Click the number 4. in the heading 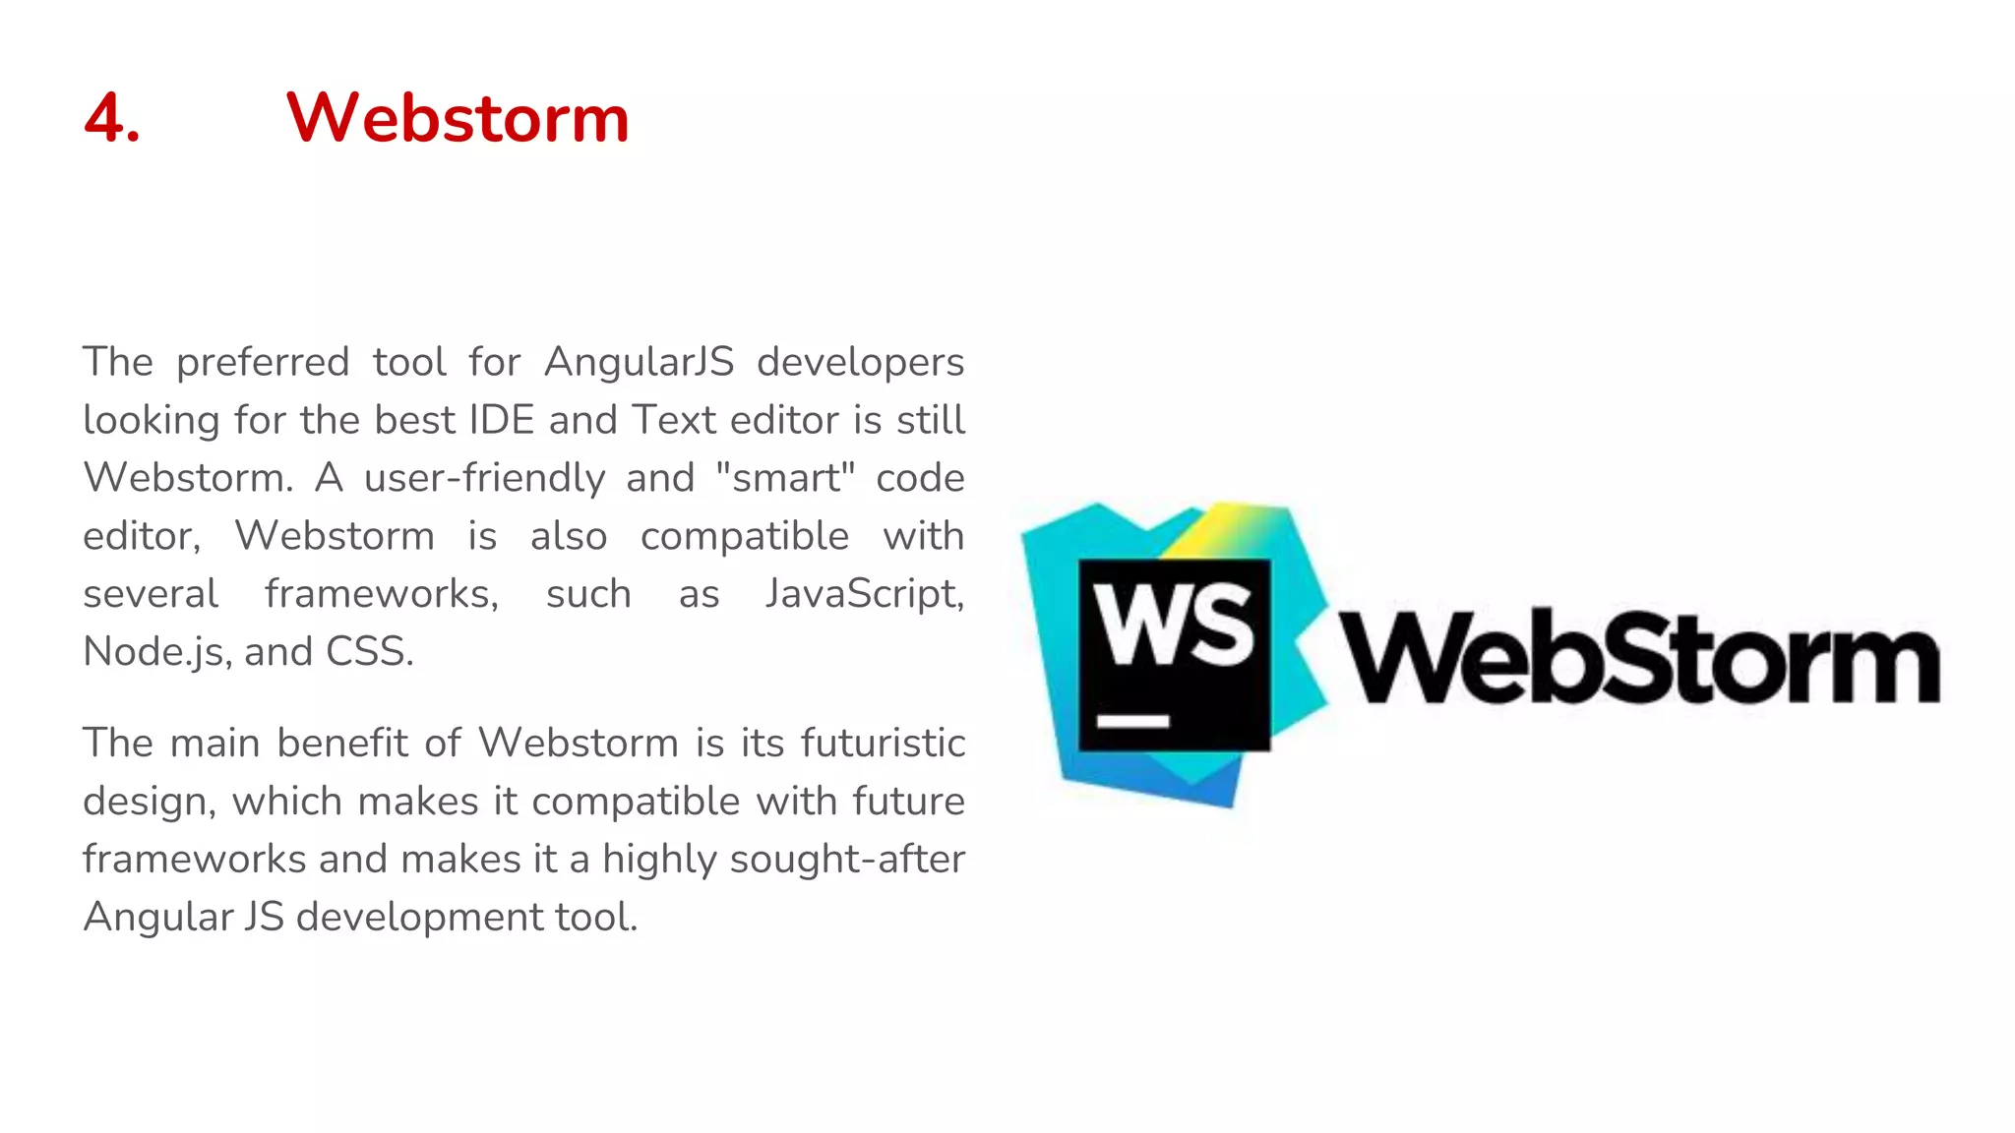pyautogui.click(x=112, y=119)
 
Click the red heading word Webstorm pyautogui.click(x=458, y=119)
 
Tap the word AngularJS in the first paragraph pyautogui.click(x=639, y=362)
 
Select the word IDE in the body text pyautogui.click(x=501, y=420)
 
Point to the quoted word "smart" pyautogui.click(x=785, y=478)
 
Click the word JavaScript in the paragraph pyautogui.click(x=864, y=594)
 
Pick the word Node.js pyautogui.click(x=156, y=652)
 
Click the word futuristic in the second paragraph pyautogui.click(x=883, y=744)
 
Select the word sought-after pyautogui.click(x=847, y=860)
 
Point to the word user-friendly pyautogui.click(x=484, y=478)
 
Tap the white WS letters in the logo pyautogui.click(x=1174, y=624)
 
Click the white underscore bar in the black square pyautogui.click(x=1132, y=722)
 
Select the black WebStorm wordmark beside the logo pyautogui.click(x=1638, y=657)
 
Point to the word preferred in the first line pyautogui.click(x=263, y=362)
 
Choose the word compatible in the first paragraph pyautogui.click(x=744, y=536)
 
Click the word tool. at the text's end pyautogui.click(x=596, y=918)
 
